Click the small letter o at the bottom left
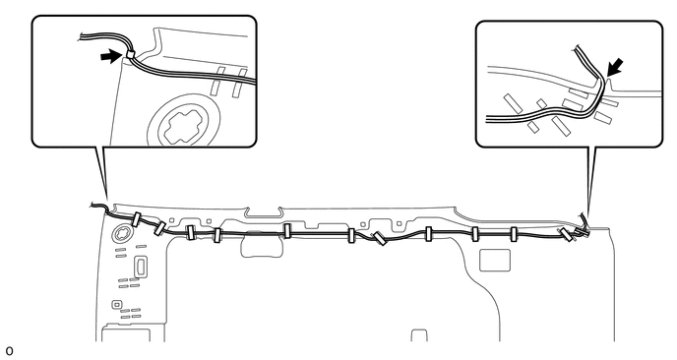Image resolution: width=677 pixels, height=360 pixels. tap(10, 348)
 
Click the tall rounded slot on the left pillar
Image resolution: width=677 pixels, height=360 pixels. tap(141, 267)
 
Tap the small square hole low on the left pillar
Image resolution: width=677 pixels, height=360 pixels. tap(118, 305)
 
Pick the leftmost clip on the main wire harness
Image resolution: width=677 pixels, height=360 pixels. tap(138, 220)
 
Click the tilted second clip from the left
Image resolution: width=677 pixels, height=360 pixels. tap(160, 228)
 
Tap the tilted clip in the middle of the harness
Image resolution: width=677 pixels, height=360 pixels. tap(379, 239)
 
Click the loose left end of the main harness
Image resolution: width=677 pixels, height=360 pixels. tap(95, 207)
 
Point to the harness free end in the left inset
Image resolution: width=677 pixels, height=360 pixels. tap(84, 40)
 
